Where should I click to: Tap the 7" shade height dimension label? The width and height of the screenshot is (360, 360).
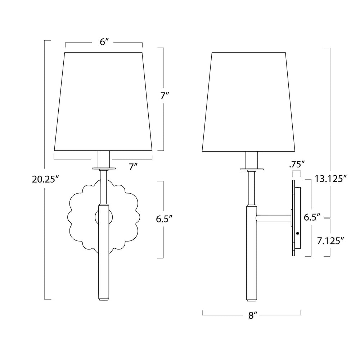click(165, 96)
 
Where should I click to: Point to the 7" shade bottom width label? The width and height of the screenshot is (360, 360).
click(133, 167)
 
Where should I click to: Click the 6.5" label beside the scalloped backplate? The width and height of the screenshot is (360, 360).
click(164, 219)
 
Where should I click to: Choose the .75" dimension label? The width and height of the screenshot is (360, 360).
click(297, 165)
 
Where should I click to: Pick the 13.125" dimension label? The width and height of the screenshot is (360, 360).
click(330, 179)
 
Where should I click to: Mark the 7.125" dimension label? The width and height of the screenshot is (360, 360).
click(330, 241)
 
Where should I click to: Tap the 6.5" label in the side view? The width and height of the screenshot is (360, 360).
click(312, 217)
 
